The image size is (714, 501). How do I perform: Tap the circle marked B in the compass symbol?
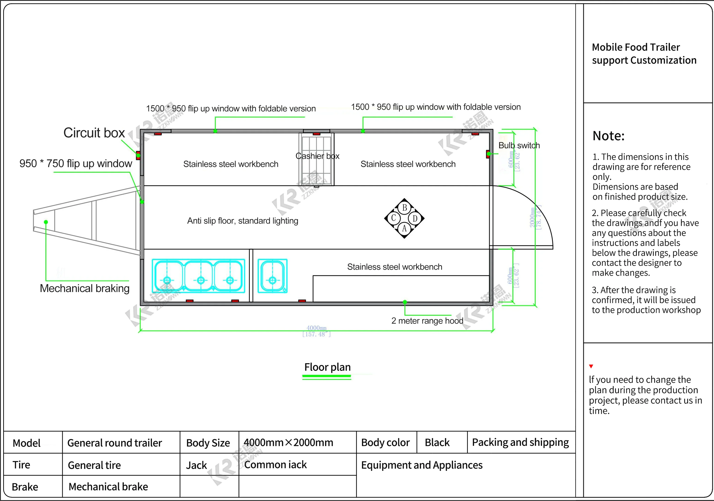tap(404, 208)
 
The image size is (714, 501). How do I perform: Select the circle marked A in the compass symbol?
tap(404, 228)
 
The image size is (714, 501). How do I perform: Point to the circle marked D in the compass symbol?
tap(415, 218)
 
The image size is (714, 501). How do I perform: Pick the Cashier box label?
tap(317, 156)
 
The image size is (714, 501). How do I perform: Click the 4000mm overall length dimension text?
tap(316, 328)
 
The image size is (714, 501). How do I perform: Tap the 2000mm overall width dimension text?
tap(532, 218)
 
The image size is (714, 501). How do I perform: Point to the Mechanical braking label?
tap(85, 289)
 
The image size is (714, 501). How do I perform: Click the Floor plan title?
tap(327, 367)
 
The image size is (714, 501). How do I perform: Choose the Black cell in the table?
tap(437, 442)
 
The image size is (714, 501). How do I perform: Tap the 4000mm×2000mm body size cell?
tap(288, 442)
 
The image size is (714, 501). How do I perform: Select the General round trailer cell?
tap(114, 442)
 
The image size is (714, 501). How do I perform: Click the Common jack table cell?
tap(275, 465)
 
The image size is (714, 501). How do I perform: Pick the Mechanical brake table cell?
tap(108, 486)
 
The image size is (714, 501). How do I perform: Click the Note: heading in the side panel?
tap(608, 136)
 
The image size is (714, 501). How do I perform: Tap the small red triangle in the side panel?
tap(591, 366)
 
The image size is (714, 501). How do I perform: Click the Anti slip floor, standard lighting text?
tap(243, 221)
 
